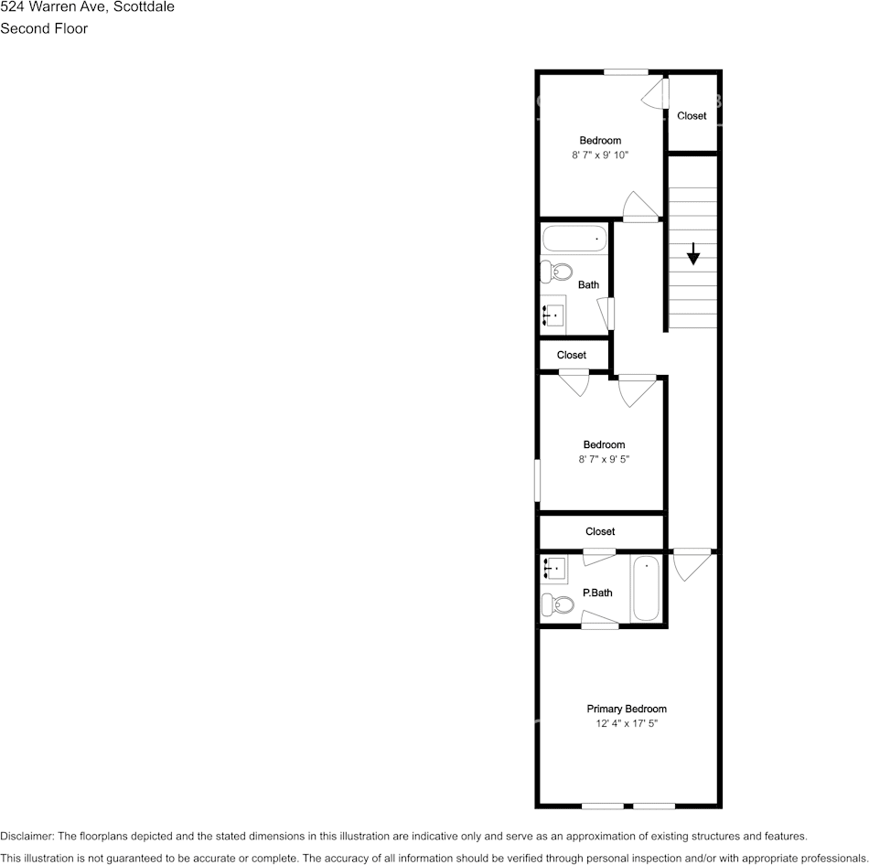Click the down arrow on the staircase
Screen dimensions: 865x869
pos(693,253)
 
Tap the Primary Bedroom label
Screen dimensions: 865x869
pos(627,709)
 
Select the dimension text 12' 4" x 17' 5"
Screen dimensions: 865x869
pos(627,723)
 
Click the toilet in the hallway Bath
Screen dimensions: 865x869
pos(555,272)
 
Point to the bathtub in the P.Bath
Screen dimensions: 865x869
pos(646,589)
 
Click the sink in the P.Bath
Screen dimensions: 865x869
pos(553,570)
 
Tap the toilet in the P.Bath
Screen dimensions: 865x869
pos(555,604)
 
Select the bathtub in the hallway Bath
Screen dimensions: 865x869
pos(574,239)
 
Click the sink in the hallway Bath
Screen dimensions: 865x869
pos(553,315)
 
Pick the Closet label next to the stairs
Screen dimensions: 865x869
pos(692,116)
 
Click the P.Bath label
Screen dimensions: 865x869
pos(597,593)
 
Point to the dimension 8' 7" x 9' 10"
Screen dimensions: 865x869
pos(600,155)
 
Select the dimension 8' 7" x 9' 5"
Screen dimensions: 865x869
pos(604,460)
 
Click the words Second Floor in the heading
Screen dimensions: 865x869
pos(44,28)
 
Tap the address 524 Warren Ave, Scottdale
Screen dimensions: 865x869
pos(88,7)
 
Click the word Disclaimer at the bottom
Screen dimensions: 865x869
pos(27,836)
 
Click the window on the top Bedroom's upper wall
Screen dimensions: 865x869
pos(626,72)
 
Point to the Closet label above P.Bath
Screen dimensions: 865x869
pos(600,531)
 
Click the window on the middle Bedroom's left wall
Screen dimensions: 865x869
pos(538,479)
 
